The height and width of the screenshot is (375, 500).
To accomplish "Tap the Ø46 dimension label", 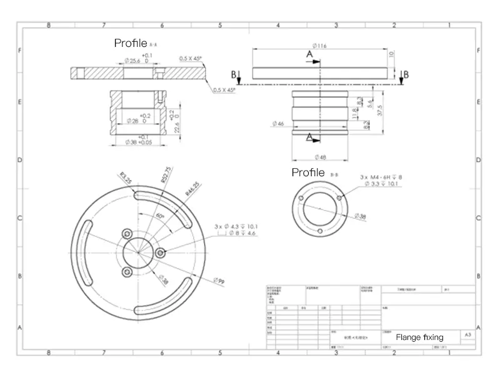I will tap(277, 124).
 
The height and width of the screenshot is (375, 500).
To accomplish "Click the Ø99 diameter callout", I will tap(220, 282).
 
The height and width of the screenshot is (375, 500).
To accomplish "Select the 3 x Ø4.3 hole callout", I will tap(236, 226).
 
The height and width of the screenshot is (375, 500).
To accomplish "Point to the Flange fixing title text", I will tap(419, 337).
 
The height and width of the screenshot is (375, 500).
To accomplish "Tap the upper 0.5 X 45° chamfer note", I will tap(190, 58).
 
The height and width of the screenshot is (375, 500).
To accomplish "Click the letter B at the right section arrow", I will tap(406, 74).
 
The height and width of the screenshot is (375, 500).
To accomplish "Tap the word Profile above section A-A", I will tap(130, 43).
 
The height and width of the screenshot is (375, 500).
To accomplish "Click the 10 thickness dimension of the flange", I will tap(392, 54).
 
